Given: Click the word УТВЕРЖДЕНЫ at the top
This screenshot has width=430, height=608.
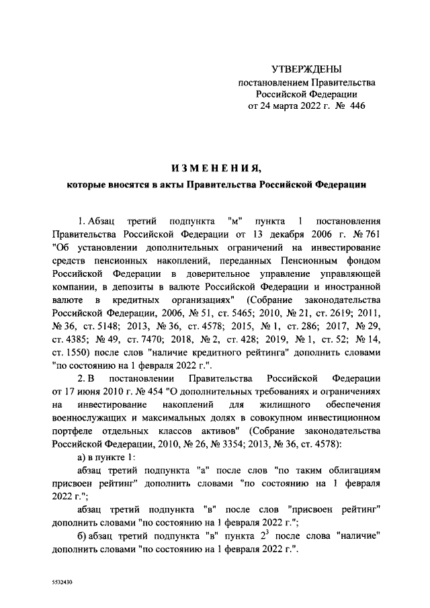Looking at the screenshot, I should (x=306, y=69).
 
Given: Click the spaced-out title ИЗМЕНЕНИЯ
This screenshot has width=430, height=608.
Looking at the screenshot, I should (x=215, y=167).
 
